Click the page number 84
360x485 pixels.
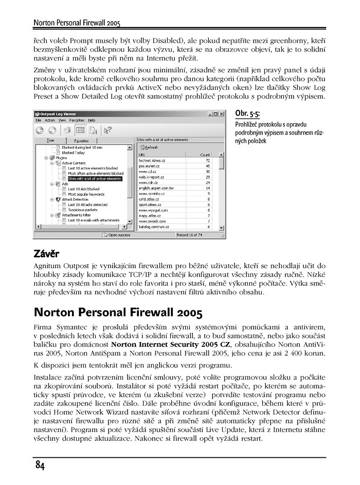(x=40, y=465)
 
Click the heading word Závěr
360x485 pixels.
(x=46, y=254)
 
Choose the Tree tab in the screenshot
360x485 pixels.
(x=50, y=140)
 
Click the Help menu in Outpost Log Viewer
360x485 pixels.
(x=92, y=120)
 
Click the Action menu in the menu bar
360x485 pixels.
(x=50, y=120)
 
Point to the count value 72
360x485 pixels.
(x=208, y=161)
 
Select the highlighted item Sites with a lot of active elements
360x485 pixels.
(x=91, y=179)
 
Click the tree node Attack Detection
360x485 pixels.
(x=77, y=199)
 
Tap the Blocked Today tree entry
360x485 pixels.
(x=73, y=153)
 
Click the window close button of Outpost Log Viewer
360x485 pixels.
(x=222, y=113)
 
